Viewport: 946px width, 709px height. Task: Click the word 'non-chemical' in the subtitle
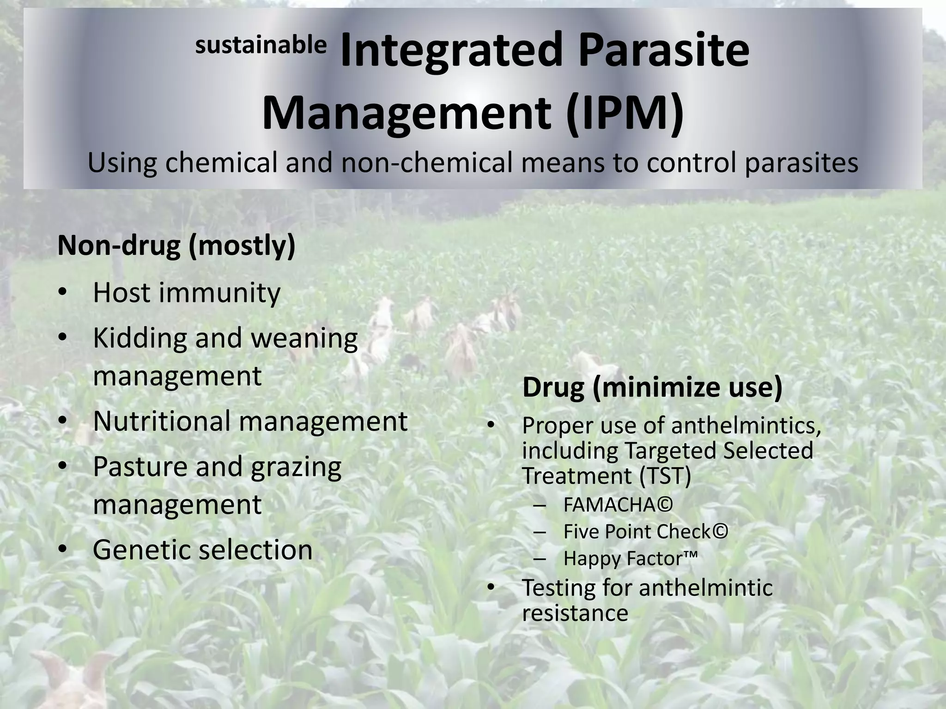[x=427, y=163]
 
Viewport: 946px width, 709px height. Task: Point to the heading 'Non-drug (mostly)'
[x=176, y=246]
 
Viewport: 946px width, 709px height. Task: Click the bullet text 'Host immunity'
[x=187, y=293]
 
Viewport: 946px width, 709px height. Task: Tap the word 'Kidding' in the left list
[x=139, y=338]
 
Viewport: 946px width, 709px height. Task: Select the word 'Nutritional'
[x=161, y=421]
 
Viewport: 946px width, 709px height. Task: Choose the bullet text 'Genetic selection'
[x=203, y=550]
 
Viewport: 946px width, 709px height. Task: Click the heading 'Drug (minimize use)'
[x=652, y=387]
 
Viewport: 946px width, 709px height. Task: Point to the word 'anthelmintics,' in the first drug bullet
[x=746, y=426]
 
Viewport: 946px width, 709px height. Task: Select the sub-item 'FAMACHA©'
[x=618, y=505]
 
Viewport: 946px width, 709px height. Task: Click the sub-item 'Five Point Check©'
[x=646, y=532]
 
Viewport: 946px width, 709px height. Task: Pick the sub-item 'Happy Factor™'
[x=630, y=559]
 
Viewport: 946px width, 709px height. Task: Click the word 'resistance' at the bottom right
[x=575, y=613]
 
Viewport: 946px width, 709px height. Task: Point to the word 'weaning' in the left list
[x=304, y=338]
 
